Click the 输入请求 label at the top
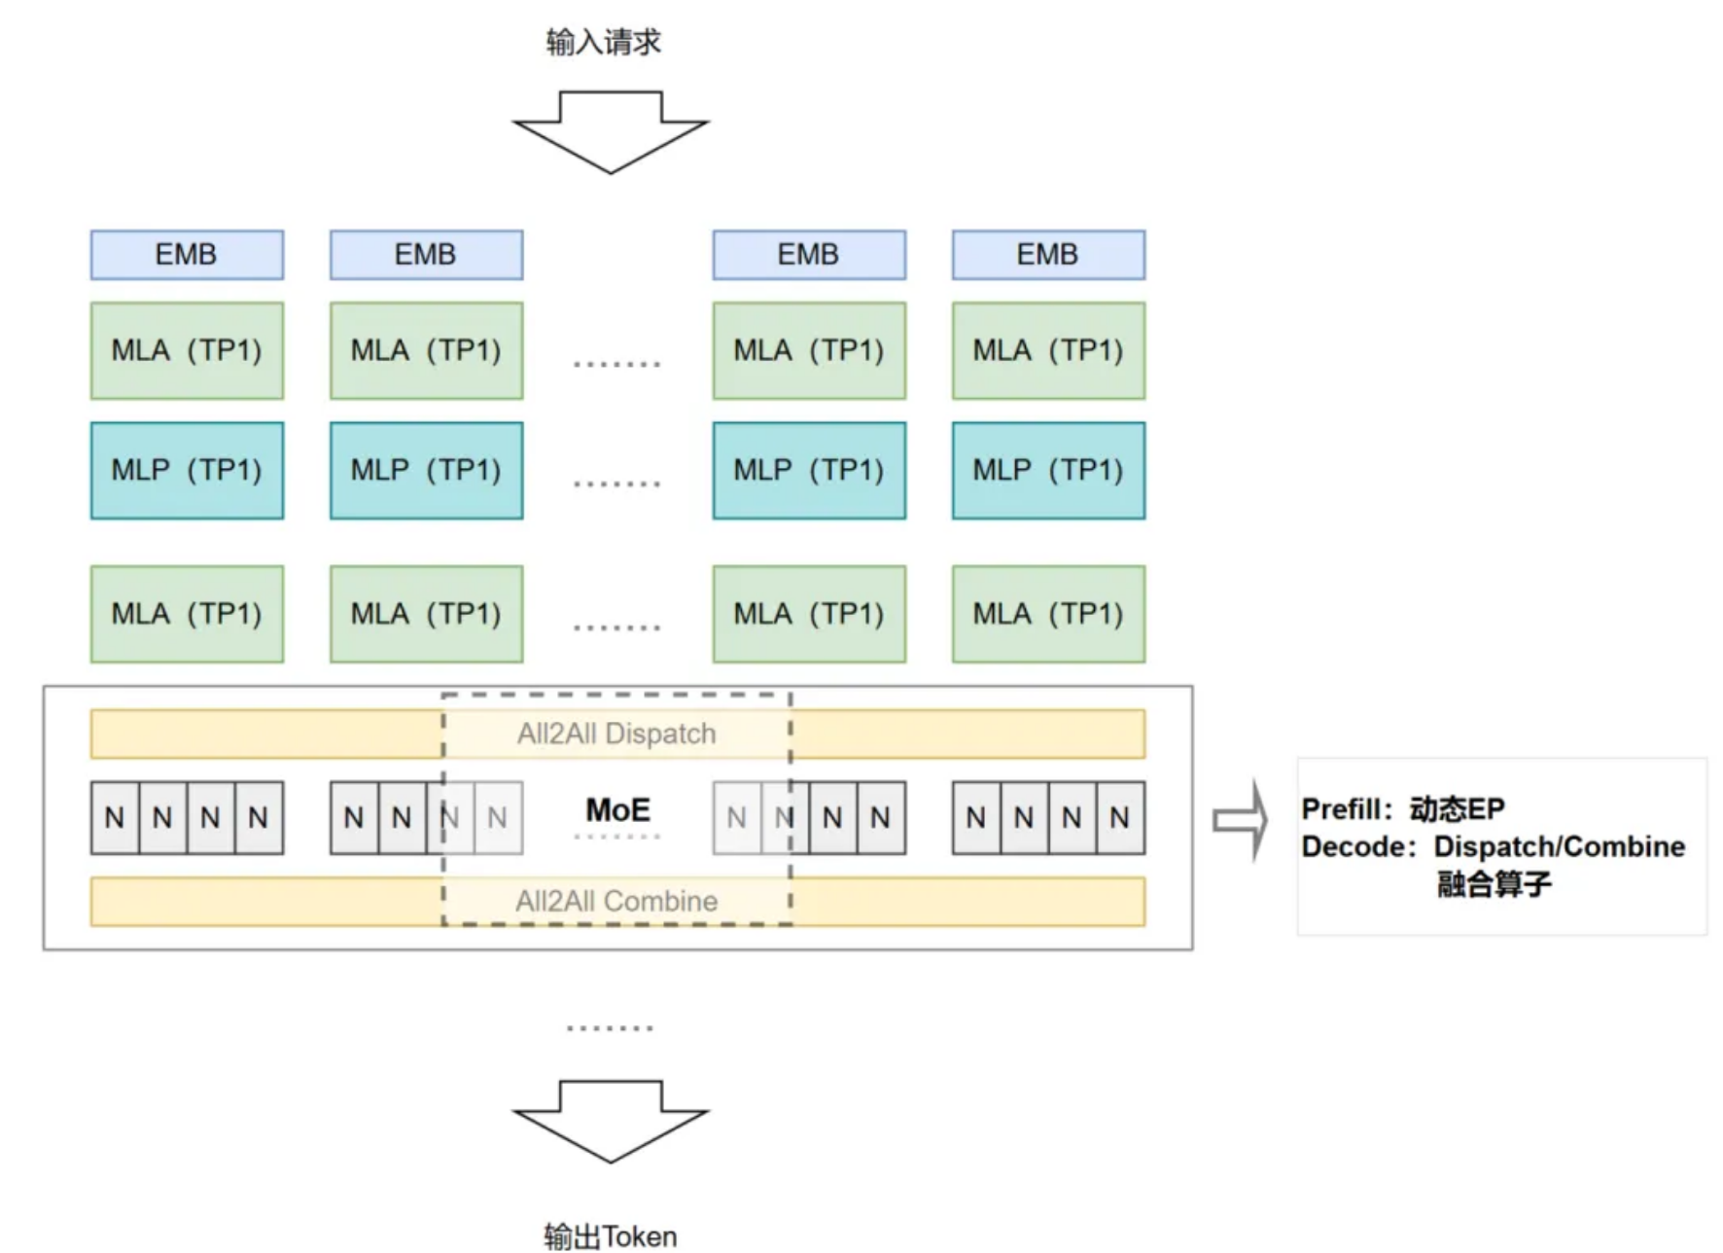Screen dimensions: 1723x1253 coord(603,42)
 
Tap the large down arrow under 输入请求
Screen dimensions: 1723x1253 coord(611,132)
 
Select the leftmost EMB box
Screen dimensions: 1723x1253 coord(187,255)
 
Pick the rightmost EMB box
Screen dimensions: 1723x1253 coord(1048,255)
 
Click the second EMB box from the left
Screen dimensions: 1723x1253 coord(426,255)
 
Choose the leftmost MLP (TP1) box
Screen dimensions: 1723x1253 coord(187,471)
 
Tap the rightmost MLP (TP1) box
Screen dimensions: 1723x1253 coord(1048,471)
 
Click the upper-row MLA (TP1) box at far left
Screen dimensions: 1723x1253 coord(187,350)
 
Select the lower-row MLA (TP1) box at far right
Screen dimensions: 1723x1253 coord(1048,614)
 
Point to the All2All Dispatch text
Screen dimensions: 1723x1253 coord(616,734)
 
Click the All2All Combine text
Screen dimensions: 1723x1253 coord(616,901)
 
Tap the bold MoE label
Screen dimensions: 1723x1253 coord(617,809)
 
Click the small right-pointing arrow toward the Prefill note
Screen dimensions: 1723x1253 coord(1240,821)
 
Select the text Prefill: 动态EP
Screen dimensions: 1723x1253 coord(1403,808)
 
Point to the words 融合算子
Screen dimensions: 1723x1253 coord(1494,884)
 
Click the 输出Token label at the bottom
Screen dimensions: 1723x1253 coord(611,1236)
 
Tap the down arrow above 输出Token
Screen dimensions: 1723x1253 coord(611,1122)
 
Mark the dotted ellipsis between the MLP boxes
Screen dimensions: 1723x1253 coord(616,483)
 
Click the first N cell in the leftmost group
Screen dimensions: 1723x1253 coord(115,818)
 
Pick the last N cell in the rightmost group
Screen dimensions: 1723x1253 coord(1120,818)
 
